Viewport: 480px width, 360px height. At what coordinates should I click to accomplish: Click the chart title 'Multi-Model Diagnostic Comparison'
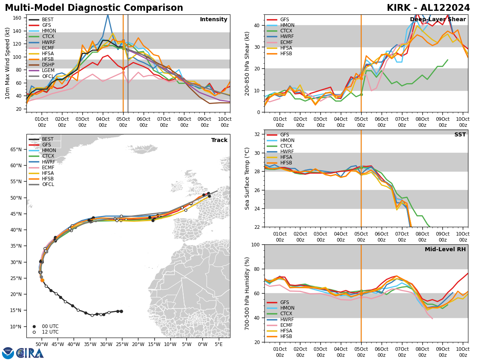click(x=94, y=8)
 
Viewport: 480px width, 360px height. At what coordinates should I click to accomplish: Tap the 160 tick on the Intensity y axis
click(x=18, y=18)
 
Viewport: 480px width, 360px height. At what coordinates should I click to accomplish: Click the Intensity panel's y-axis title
click(x=8, y=63)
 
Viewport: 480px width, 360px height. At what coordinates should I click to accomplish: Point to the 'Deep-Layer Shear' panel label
click(x=438, y=20)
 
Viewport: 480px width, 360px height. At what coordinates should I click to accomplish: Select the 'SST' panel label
click(x=460, y=135)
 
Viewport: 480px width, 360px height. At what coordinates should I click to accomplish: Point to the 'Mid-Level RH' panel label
click(x=446, y=250)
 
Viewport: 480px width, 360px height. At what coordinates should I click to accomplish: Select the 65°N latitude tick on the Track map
click(x=16, y=150)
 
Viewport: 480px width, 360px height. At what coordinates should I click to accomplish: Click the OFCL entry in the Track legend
click(x=48, y=184)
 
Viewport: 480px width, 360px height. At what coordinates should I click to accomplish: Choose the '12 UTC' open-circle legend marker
click(x=34, y=332)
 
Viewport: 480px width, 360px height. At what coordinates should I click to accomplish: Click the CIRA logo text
click(x=30, y=353)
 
